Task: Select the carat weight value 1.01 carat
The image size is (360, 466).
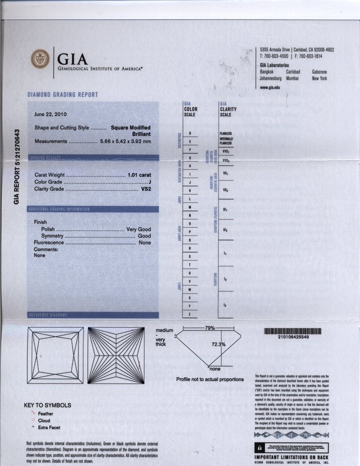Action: pyautogui.click(x=140, y=174)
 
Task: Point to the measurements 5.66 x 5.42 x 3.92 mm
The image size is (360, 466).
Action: pyautogui.click(x=125, y=141)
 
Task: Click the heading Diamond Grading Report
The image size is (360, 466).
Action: pyautogui.click(x=63, y=95)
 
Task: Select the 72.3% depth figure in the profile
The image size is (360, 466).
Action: pyautogui.click(x=219, y=344)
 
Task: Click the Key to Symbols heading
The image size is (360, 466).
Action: pyautogui.click(x=47, y=405)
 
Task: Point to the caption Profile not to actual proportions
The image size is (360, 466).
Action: pyautogui.click(x=210, y=379)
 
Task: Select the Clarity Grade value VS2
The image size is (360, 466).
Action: pyautogui.click(x=145, y=188)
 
